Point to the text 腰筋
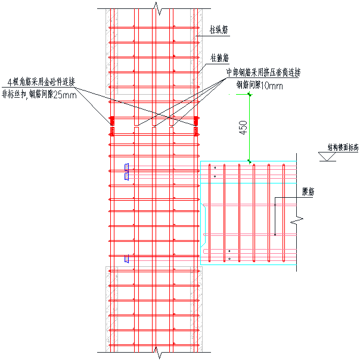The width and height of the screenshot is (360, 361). coord(308,192)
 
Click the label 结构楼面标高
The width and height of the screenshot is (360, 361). coord(342,146)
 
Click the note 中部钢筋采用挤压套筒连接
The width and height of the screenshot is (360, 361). coord(263,73)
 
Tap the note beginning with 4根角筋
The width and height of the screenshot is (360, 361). coord(41,82)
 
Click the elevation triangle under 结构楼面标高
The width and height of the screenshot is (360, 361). coord(327,157)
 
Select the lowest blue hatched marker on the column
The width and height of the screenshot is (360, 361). coord(126,259)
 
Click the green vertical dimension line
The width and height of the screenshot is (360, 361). coord(249,127)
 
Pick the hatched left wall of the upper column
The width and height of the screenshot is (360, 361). coord(111,51)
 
